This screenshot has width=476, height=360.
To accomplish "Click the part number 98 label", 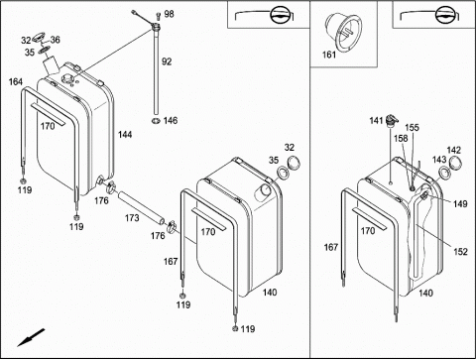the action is coord(169,14).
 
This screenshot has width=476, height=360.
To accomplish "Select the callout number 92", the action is coord(167,61).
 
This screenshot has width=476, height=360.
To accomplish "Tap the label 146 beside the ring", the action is coord(171,120).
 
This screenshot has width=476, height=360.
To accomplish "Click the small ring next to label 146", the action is coord(156,121).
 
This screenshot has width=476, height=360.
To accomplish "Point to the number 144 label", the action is coord(125,135).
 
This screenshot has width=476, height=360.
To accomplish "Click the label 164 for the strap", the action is coord(16,81).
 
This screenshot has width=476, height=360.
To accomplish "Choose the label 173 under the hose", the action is coord(132,218).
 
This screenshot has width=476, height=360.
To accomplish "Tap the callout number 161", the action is coord(329,55).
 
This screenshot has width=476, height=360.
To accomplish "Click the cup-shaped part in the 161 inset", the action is coord(343,31).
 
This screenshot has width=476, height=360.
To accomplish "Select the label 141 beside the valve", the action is coord(376,121).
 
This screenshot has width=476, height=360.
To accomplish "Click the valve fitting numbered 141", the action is coord(392,120).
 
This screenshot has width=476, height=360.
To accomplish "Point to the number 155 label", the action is coord(412,127).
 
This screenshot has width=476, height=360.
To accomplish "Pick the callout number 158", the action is coord(401,138).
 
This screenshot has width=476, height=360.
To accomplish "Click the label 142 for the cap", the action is coord(454,150).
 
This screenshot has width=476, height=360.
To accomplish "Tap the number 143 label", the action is coord(439,160).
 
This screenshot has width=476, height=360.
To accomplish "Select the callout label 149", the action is coord(460,204).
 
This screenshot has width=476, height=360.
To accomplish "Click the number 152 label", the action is coord(460,252).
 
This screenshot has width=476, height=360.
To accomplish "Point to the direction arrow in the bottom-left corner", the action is coord(31,337).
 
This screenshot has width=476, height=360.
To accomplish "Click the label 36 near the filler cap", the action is coord(55,40).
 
